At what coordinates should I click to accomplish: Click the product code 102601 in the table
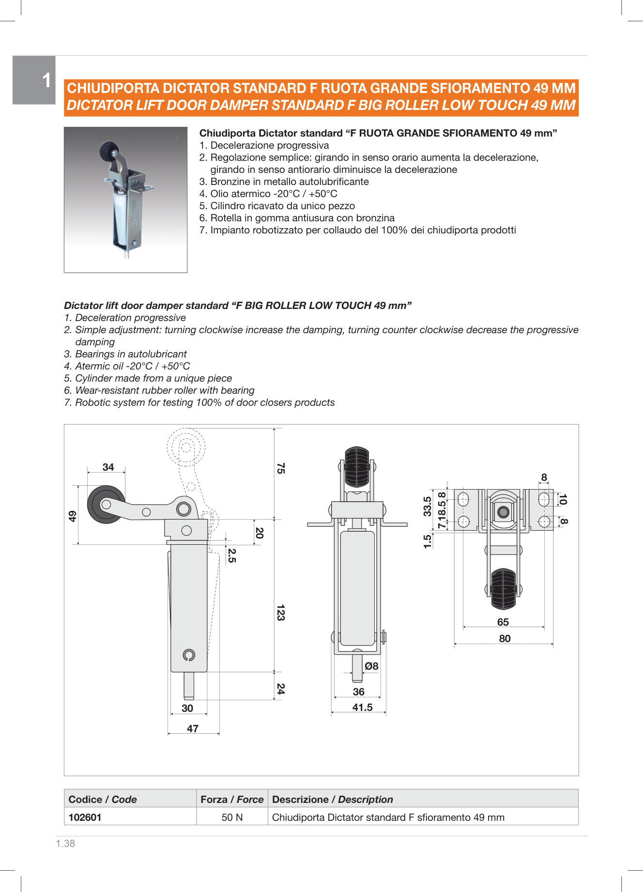85,817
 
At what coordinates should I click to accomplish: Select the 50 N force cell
232,817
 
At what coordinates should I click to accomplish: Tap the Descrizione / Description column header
332,800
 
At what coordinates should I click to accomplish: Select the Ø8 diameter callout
371,666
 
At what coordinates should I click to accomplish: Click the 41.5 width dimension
362,707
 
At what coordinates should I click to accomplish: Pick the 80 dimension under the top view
505,639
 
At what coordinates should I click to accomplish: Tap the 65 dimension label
503,622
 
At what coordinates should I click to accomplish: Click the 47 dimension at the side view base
193,729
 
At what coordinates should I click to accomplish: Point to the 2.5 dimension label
231,555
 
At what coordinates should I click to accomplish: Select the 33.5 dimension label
427,506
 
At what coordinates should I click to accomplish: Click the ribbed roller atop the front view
357,466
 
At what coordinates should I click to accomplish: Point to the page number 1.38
65,844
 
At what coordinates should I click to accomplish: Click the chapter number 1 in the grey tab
46,80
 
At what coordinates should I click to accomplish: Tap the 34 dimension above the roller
108,467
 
